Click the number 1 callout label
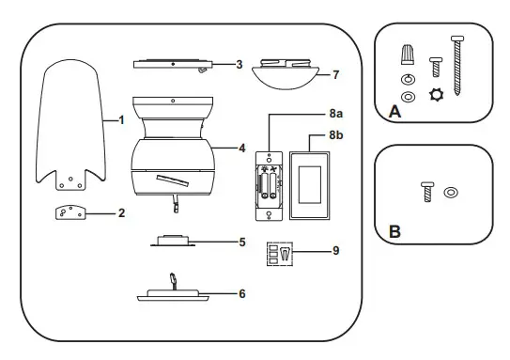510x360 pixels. (x=121, y=121)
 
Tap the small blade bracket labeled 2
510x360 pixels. (x=69, y=213)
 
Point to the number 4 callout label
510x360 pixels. (x=242, y=148)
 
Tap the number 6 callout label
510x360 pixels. (x=242, y=293)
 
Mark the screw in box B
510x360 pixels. (x=425, y=195)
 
